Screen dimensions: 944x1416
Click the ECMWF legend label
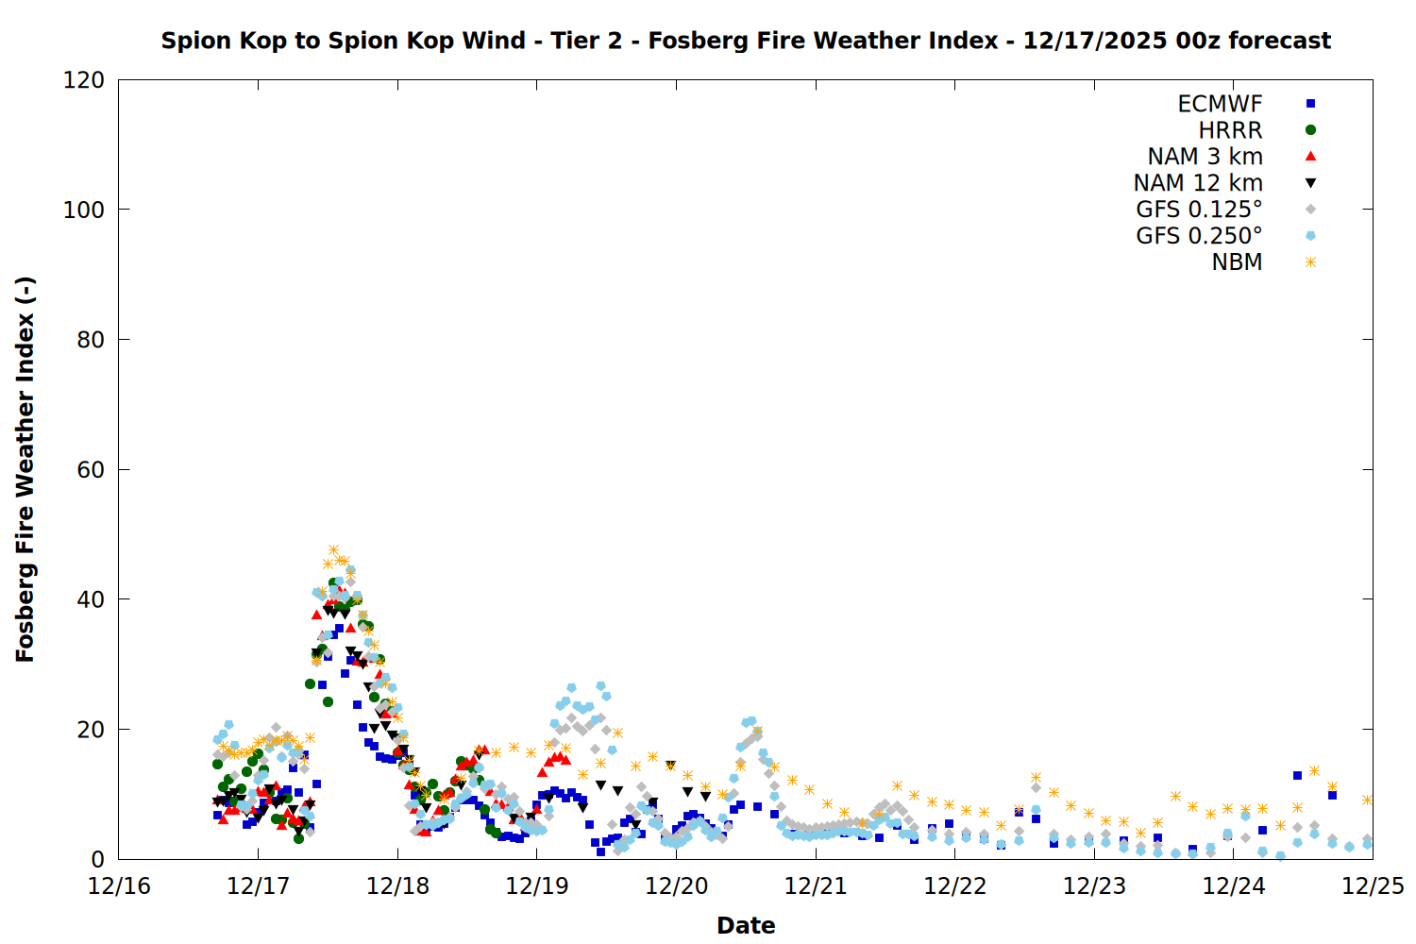tap(1220, 104)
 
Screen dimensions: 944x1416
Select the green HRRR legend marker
tap(1310, 130)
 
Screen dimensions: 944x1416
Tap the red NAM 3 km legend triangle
tap(1310, 156)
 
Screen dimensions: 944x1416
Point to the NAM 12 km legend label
tap(1198, 183)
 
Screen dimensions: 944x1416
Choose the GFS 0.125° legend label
tap(1199, 210)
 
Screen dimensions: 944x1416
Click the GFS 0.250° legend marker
tap(1310, 236)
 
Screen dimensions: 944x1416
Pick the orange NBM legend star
tap(1310, 262)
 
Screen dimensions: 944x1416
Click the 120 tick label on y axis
tap(84, 80)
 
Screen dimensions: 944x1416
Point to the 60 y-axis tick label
tap(91, 470)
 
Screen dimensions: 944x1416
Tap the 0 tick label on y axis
tap(97, 860)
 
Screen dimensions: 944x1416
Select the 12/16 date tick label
tap(119, 886)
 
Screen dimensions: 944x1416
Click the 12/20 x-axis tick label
tap(676, 886)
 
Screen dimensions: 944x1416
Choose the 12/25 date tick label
tap(1373, 886)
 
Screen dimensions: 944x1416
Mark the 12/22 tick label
tap(954, 886)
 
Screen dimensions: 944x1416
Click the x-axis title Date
tap(746, 925)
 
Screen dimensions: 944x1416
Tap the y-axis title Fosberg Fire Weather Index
tap(25, 470)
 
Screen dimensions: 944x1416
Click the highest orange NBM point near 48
tap(333, 549)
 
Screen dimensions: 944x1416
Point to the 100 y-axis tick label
tap(84, 210)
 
